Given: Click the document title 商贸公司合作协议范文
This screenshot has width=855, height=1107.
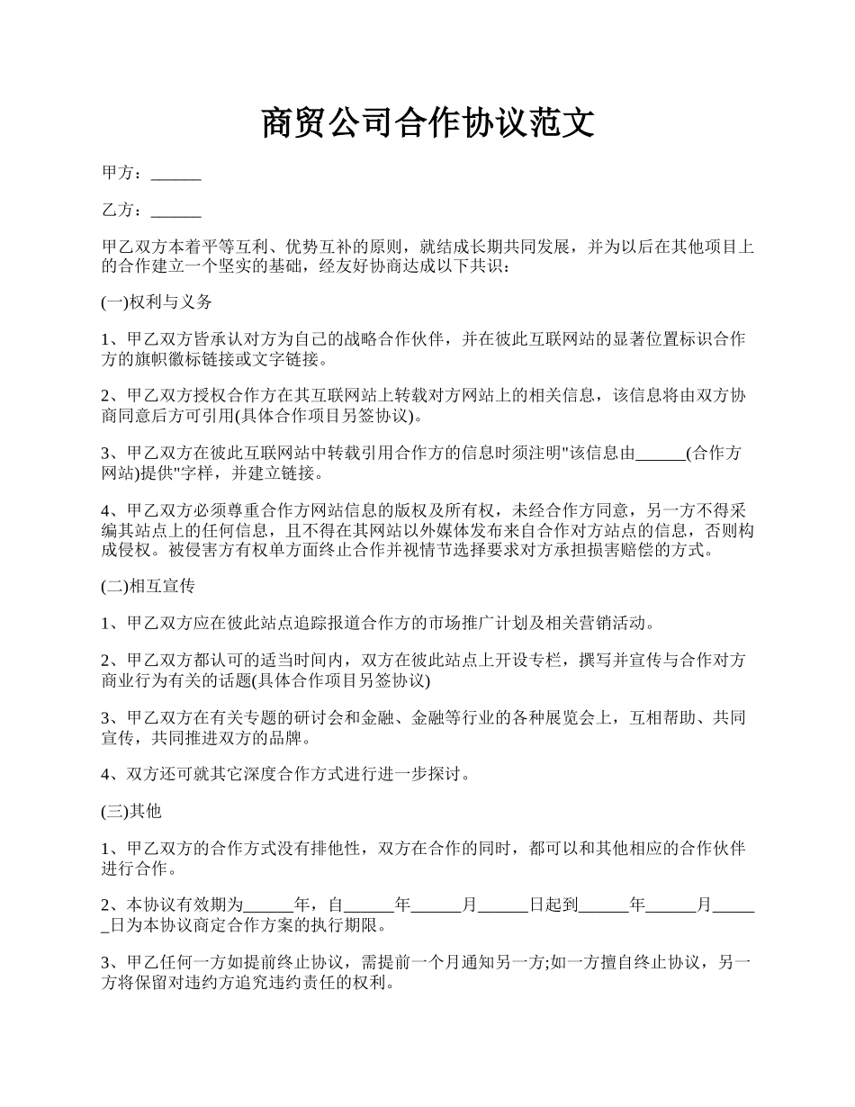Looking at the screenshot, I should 427,123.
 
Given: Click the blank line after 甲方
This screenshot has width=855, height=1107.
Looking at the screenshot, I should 175,174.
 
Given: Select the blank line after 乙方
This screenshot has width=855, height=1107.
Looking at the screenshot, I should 175,211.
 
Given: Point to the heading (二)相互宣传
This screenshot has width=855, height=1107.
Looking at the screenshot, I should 148,586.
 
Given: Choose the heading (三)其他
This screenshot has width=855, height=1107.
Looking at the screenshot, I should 131,811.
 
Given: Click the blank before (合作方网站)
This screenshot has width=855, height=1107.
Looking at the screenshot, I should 660,454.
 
